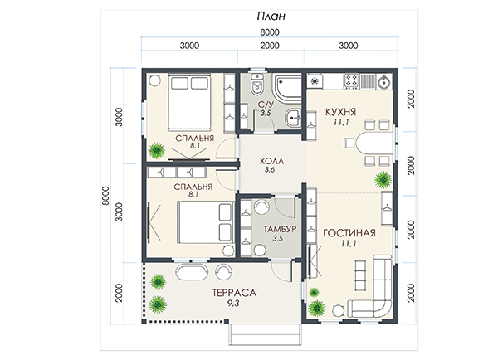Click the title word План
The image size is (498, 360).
271,17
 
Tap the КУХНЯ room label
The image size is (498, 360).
341,112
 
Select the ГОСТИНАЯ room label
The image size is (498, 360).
349,233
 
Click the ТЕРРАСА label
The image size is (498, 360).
234,293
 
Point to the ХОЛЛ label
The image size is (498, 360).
271,161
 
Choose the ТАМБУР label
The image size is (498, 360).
280,229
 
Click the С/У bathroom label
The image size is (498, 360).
266,105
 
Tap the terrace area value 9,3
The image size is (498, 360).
233,304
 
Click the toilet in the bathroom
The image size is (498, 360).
257,85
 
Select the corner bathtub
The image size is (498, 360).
287,87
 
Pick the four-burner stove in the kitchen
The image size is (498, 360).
351,81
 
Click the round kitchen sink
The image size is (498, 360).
384,82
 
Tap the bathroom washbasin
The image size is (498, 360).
294,118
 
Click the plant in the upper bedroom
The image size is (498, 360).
157,150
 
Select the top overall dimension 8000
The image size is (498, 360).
270,32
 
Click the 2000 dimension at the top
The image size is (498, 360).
270,46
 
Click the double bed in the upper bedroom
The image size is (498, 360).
189,102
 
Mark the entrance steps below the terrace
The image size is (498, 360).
265,334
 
